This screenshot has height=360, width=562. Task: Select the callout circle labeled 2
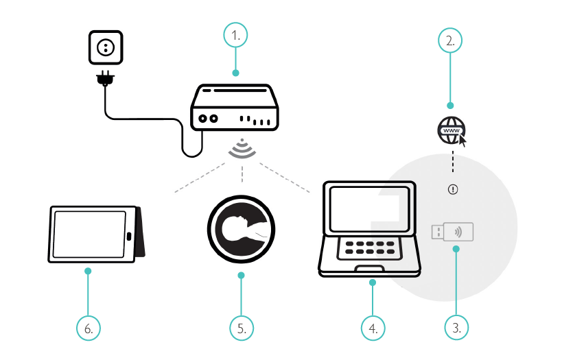point(450,40)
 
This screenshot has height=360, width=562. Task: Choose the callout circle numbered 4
point(373,328)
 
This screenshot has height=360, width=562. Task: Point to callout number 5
point(241,328)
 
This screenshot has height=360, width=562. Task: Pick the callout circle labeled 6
point(88,328)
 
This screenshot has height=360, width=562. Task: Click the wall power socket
point(106,47)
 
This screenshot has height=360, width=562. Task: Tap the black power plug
point(104,80)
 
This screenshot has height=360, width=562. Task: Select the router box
point(235,107)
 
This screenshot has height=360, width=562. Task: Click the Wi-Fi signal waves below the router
point(242,149)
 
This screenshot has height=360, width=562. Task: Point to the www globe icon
point(451,130)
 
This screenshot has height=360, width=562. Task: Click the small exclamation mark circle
point(452,190)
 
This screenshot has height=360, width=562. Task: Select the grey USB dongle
point(454,232)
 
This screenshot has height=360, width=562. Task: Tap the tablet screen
point(90,233)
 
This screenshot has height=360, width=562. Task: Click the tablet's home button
point(129,237)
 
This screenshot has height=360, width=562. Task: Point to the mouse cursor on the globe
point(463,141)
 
